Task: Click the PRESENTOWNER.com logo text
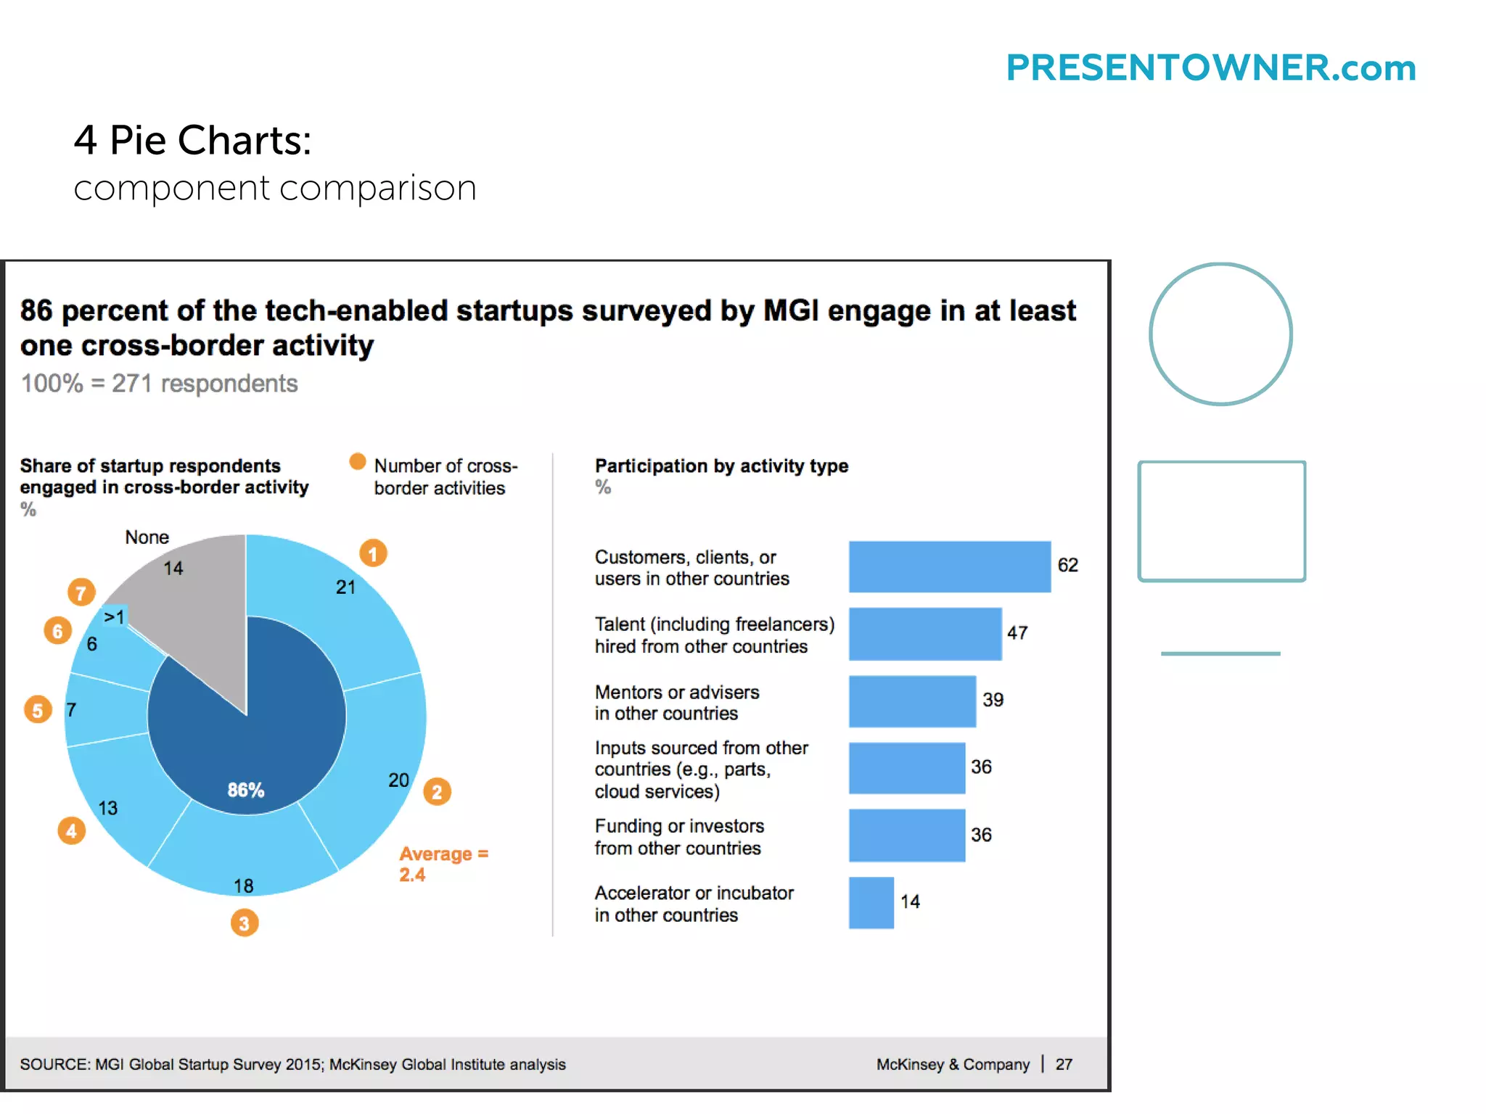(x=1210, y=68)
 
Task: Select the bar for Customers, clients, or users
(x=949, y=566)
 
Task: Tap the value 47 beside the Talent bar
(x=1017, y=633)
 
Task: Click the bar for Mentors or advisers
(x=912, y=701)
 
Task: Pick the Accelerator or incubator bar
(x=871, y=903)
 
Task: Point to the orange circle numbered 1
(x=373, y=554)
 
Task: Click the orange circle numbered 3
(x=245, y=923)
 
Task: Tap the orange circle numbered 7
(x=81, y=593)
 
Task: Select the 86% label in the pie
(x=246, y=790)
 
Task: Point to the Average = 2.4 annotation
(x=443, y=864)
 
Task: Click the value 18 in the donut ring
(x=243, y=886)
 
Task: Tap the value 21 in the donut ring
(x=345, y=587)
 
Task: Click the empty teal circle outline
(x=1220, y=334)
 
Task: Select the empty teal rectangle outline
(x=1221, y=521)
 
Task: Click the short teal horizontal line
(x=1220, y=653)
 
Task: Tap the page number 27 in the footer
(x=1064, y=1064)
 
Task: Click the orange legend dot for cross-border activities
(x=357, y=462)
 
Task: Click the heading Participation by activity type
(x=721, y=466)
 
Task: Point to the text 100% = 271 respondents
(x=159, y=384)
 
